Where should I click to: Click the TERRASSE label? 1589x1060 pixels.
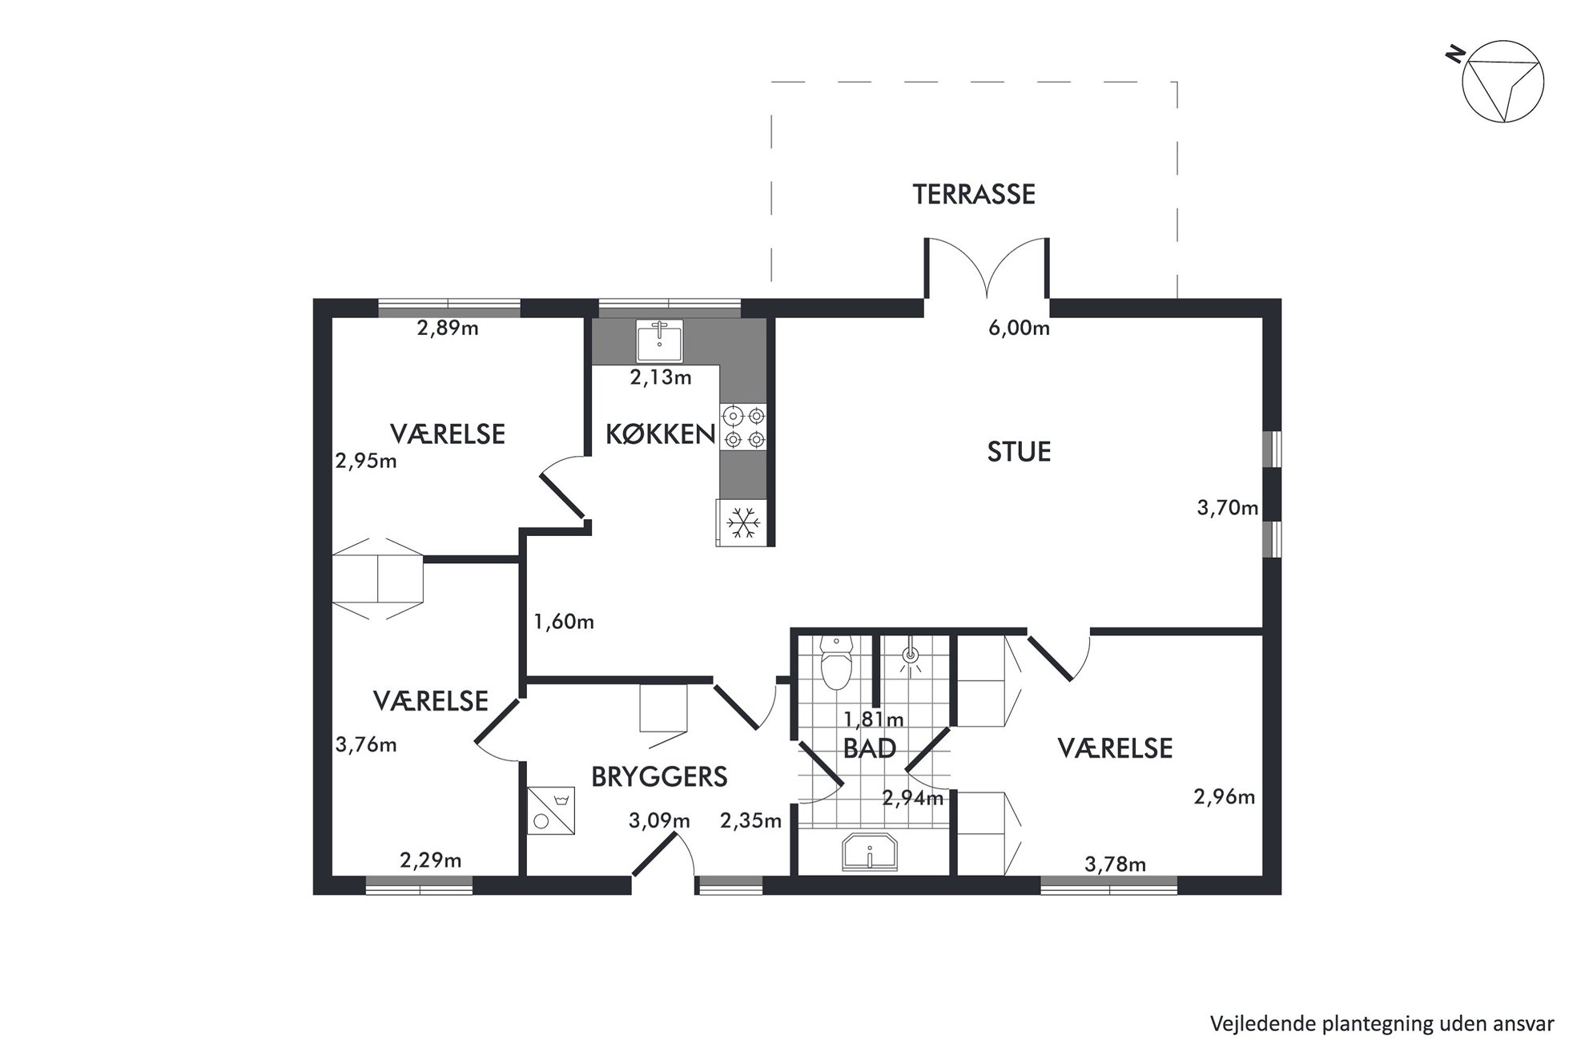(974, 194)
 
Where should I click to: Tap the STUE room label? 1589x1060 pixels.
(1019, 452)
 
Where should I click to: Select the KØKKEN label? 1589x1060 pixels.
(660, 433)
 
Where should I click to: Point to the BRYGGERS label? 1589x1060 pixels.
(659, 776)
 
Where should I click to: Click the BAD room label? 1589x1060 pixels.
(870, 748)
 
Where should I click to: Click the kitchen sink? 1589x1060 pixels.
(660, 341)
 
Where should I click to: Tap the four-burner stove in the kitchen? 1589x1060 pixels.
(743, 427)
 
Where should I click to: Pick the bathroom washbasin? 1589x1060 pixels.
(870, 852)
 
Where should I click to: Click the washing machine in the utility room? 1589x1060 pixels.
(551, 810)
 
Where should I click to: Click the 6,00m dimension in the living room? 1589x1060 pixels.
(1019, 328)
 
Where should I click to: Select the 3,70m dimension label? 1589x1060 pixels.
(1228, 507)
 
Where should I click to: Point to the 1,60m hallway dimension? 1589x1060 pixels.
(564, 622)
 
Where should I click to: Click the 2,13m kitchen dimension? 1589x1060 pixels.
(661, 377)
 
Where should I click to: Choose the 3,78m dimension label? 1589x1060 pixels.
(1115, 865)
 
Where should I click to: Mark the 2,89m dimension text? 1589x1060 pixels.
(448, 328)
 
